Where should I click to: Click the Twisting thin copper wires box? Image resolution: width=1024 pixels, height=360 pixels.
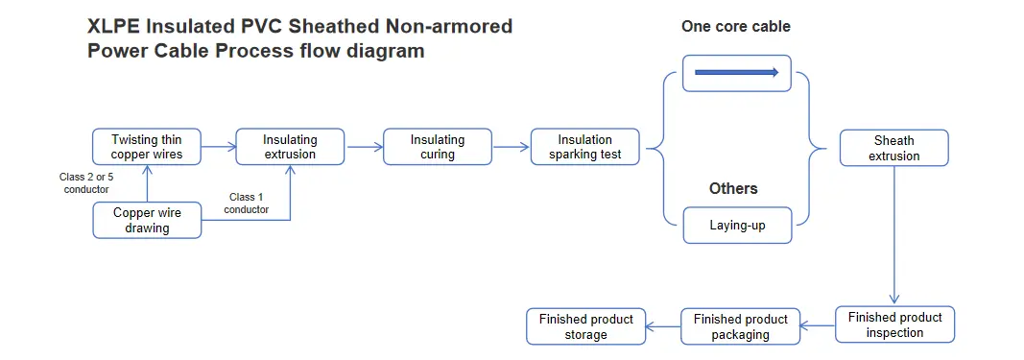click(147, 147)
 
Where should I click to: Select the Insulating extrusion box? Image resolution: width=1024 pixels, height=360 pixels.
click(290, 147)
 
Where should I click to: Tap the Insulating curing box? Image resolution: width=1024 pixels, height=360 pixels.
click(438, 147)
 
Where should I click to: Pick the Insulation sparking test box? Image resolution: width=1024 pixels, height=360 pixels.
click(585, 147)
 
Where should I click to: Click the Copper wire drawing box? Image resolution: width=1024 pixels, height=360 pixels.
click(147, 220)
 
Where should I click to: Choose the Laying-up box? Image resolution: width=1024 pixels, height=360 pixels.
click(737, 226)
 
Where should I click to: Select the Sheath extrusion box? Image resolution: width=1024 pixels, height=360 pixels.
click(894, 148)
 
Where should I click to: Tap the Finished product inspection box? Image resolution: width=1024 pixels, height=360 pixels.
click(894, 324)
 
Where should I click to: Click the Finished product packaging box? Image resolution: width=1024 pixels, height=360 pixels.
click(741, 326)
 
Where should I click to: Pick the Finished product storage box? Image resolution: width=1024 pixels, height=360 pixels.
click(585, 326)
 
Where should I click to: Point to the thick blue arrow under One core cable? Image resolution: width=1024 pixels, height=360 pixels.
click(737, 73)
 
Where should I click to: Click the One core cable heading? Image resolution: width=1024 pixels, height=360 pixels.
click(736, 26)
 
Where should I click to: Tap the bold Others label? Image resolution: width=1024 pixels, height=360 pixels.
click(733, 189)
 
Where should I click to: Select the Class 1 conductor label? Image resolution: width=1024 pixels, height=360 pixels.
click(247, 204)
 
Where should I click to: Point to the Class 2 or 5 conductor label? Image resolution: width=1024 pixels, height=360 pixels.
click(86, 183)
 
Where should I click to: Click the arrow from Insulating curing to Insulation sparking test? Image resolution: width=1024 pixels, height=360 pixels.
click(512, 147)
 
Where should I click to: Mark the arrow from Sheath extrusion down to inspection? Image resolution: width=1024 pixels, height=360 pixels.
click(894, 236)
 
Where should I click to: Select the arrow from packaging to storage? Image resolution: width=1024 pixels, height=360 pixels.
click(663, 326)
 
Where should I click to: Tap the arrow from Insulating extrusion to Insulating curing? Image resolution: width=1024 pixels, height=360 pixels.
click(365, 147)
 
